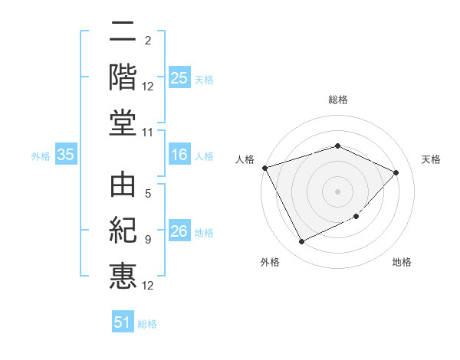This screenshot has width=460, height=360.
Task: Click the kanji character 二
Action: pyautogui.click(x=123, y=33)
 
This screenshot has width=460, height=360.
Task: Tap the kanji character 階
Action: pyautogui.click(x=123, y=77)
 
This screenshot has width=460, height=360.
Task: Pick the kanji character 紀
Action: pyautogui.click(x=123, y=231)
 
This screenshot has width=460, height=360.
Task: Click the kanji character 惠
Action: pyautogui.click(x=123, y=275)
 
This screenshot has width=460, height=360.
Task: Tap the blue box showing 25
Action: pyautogui.click(x=179, y=78)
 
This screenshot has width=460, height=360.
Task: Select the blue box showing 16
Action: pyautogui.click(x=179, y=155)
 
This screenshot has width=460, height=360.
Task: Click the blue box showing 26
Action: pyautogui.click(x=179, y=232)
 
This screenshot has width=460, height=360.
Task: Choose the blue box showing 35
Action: pyautogui.click(x=66, y=155)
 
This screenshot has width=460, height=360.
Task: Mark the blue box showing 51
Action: pyautogui.click(x=123, y=322)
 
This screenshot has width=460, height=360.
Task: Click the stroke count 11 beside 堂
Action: pyautogui.click(x=148, y=133)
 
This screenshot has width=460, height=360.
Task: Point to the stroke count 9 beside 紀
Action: pyautogui.click(x=148, y=240)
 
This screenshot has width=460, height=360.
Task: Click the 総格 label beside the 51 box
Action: pyautogui.click(x=147, y=324)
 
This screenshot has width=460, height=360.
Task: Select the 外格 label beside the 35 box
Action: pyautogui.click(x=41, y=156)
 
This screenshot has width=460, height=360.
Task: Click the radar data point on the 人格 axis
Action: pyautogui.click(x=265, y=168)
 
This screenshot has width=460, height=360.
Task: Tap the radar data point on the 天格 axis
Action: pyautogui.click(x=396, y=172)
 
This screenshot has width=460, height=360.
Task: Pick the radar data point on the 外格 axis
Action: pyautogui.click(x=301, y=242)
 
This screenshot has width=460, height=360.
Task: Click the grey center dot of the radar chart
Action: pyautogui.click(x=337, y=191)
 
